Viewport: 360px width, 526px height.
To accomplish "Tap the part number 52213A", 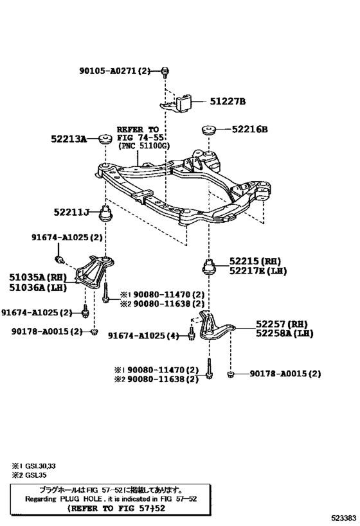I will coord(69,138).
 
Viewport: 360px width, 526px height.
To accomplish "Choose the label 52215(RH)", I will coord(255,261).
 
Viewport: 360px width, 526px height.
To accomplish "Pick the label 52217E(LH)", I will coord(255,271).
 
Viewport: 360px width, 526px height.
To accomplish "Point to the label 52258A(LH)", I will coord(284,334).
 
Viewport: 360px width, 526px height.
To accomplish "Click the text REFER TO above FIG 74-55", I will coord(138,128).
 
